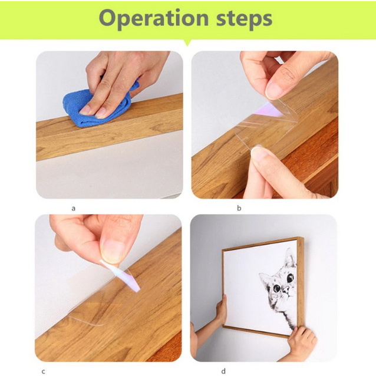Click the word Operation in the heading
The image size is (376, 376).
(x=154, y=19)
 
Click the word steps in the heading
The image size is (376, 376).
(x=245, y=19)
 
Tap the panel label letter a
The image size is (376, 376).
(x=74, y=209)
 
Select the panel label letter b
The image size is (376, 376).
(x=239, y=208)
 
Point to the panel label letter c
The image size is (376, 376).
(x=44, y=371)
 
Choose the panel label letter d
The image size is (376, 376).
(x=223, y=371)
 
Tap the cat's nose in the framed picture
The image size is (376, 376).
(x=285, y=291)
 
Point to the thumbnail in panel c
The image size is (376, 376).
(x=111, y=251)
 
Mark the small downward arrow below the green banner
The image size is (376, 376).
(x=188, y=42)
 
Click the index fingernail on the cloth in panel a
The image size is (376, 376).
(x=85, y=110)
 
